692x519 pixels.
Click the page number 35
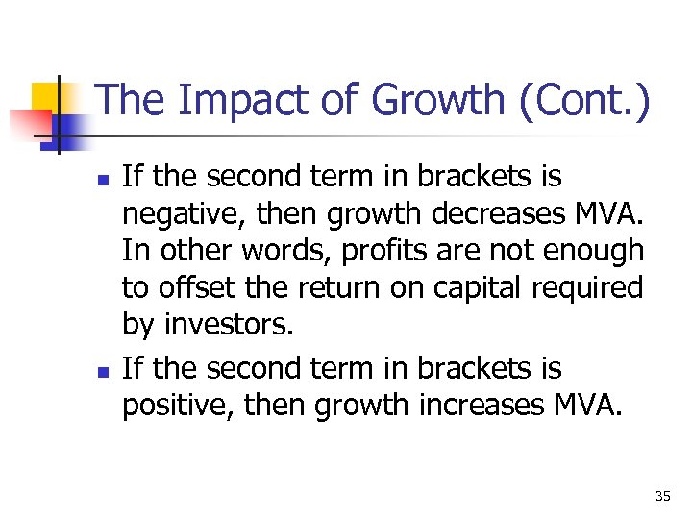[x=662, y=496]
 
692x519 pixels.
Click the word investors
[x=229, y=324]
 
